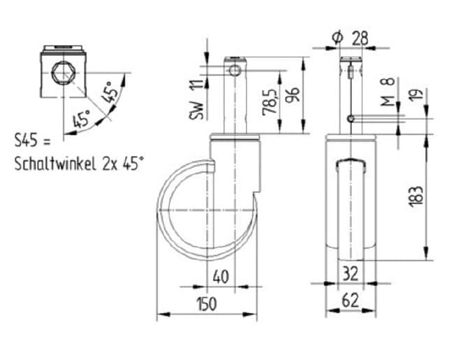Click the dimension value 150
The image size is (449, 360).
[207, 304]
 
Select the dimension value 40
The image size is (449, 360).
[221, 278]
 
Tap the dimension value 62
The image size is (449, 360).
[351, 301]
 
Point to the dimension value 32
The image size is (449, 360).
[351, 273]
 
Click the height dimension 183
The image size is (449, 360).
[416, 196]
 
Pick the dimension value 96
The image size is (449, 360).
[293, 94]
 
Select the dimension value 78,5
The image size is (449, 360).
[270, 102]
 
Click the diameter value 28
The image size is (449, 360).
[360, 38]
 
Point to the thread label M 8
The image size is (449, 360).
[388, 92]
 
